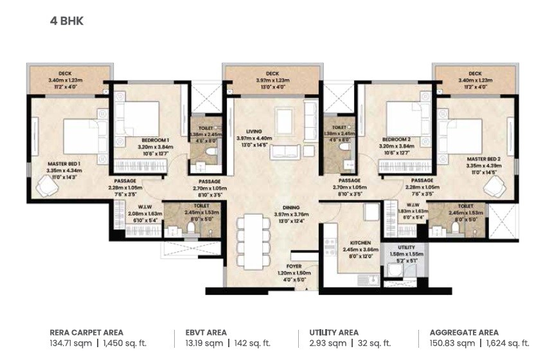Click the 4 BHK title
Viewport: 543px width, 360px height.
click(x=67, y=21)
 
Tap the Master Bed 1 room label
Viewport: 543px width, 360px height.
click(x=63, y=163)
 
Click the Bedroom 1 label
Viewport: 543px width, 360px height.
click(x=155, y=139)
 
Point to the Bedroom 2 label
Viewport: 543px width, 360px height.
click(x=395, y=139)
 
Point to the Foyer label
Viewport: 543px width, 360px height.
click(x=293, y=266)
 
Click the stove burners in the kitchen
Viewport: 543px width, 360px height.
click(x=330, y=246)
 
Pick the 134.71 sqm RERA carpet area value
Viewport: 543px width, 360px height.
click(x=71, y=343)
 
